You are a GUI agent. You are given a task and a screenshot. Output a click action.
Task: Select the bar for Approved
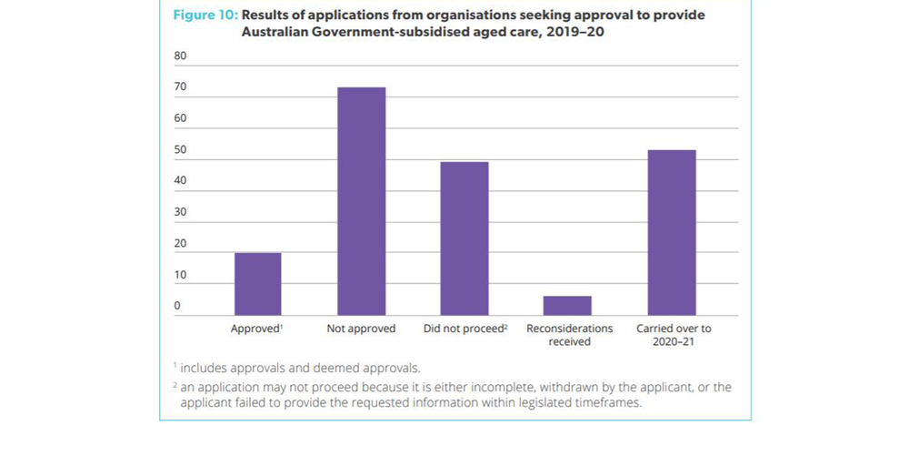tap(257, 284)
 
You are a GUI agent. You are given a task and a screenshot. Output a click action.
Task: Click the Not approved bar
tap(361, 201)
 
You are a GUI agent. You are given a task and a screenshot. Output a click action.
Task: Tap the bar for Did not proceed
tap(464, 238)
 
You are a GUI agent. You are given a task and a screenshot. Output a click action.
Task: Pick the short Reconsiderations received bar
tap(567, 306)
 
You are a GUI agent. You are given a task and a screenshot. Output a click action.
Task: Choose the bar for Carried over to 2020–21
tap(671, 233)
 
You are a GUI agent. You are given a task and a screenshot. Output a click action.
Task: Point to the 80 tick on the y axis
tap(180, 56)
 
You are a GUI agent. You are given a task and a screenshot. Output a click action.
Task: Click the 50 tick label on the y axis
tap(180, 149)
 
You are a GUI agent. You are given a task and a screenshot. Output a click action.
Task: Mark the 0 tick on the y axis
tap(177, 306)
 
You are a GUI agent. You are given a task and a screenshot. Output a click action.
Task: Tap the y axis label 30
tap(180, 212)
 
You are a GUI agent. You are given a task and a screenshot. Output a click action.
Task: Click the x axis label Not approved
tap(361, 329)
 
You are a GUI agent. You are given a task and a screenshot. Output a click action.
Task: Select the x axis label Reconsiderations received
tap(569, 335)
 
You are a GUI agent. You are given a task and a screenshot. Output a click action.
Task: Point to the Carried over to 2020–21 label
tap(674, 335)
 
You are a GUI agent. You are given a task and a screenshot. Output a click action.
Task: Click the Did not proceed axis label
tap(464, 329)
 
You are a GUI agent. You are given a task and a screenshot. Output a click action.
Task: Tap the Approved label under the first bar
tap(257, 329)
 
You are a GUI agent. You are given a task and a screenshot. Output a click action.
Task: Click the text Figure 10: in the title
tap(205, 15)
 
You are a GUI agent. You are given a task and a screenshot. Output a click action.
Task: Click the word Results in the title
tap(266, 15)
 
